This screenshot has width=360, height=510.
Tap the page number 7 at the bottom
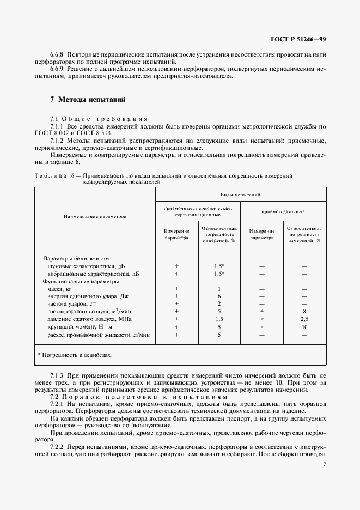tap(324, 464)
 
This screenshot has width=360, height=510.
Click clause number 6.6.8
tap(58, 54)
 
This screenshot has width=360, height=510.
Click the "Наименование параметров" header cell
tap(95, 216)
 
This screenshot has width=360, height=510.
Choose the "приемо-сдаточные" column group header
tap(283, 210)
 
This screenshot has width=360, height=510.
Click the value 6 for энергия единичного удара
tap(219, 296)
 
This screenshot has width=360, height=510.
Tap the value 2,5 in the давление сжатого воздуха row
tap(304, 319)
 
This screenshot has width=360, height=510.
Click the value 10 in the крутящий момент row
tap(304, 327)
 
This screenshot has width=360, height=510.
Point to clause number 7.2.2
tap(57, 447)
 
